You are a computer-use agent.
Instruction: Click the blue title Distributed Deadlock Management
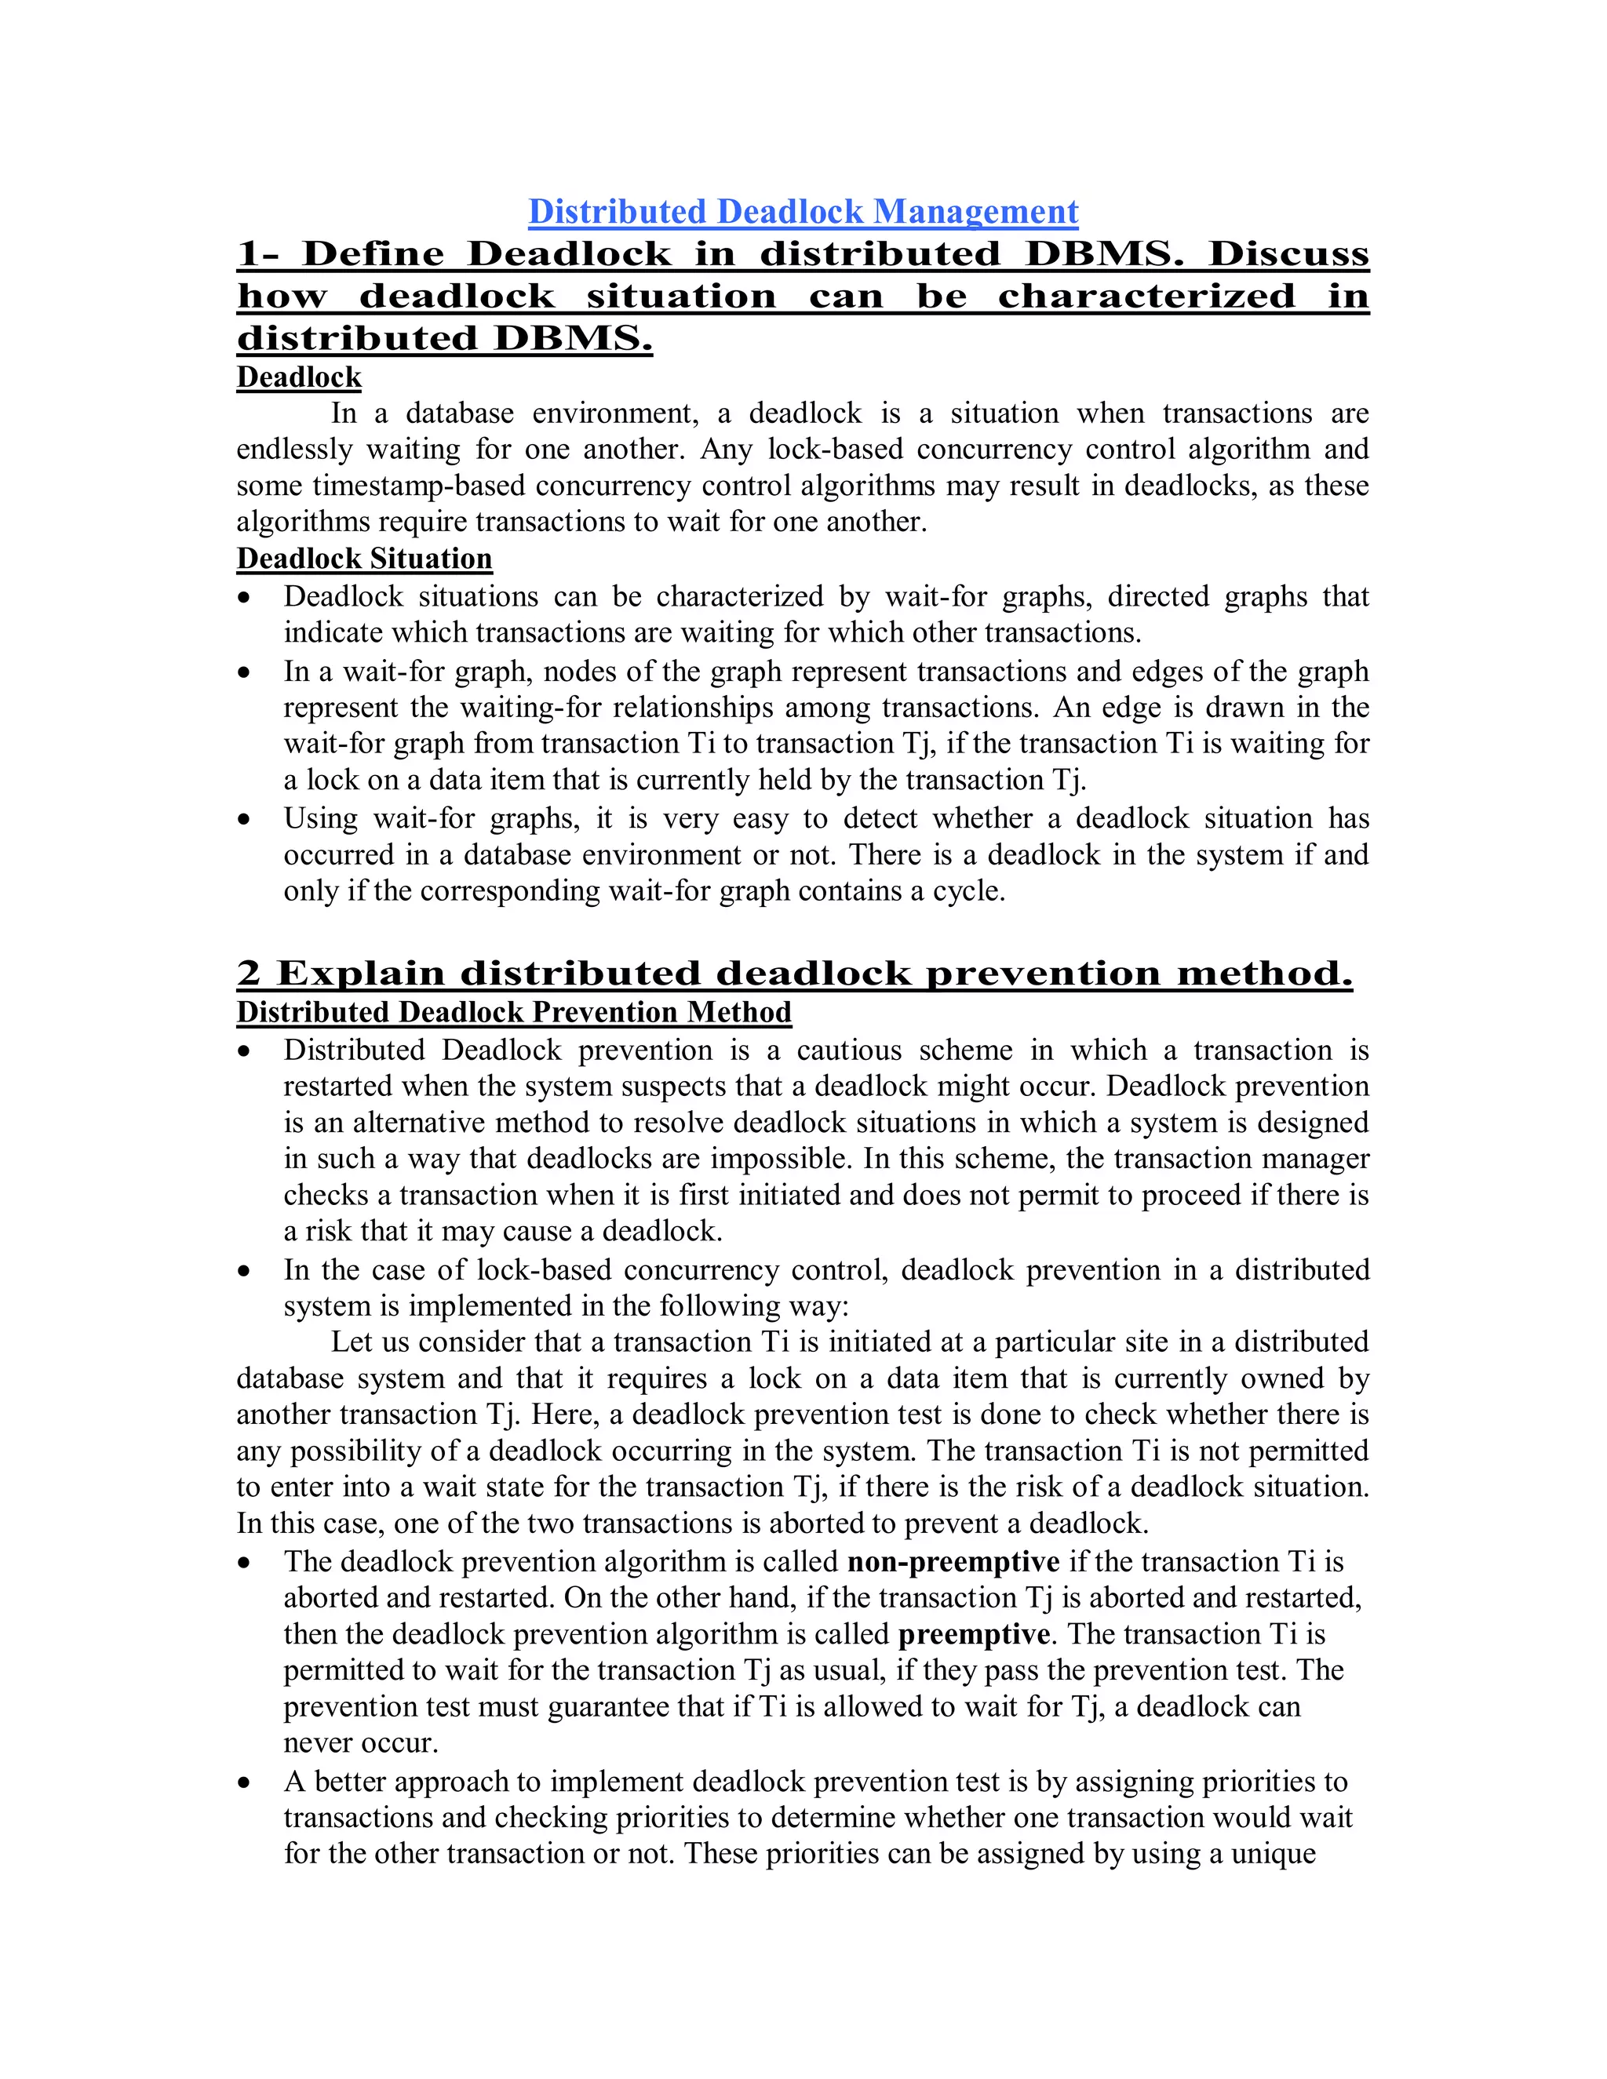[x=803, y=211]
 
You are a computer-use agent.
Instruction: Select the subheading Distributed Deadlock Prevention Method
[x=513, y=1012]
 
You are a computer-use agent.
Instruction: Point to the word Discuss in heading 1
[x=1288, y=254]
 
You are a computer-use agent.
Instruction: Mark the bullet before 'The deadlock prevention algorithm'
[x=245, y=1563]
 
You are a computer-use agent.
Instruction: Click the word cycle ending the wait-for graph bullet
[x=968, y=892]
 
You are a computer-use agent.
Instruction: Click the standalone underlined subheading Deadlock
[x=299, y=378]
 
